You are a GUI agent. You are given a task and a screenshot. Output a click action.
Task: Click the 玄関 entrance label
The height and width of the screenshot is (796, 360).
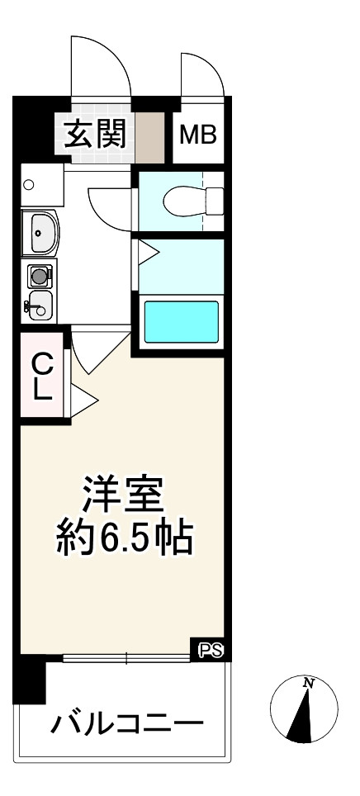96,132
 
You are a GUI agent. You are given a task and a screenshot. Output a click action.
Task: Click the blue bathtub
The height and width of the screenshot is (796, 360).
182,322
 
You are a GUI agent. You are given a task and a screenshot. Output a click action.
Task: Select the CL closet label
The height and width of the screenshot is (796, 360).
42,376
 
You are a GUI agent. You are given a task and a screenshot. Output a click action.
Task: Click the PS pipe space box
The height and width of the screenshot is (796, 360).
211,650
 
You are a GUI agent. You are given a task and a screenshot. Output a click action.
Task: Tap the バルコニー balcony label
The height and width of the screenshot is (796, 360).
128,724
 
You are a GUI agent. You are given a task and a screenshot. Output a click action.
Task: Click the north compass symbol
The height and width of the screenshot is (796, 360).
305,708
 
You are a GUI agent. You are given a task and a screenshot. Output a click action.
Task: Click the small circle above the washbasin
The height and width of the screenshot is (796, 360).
29,185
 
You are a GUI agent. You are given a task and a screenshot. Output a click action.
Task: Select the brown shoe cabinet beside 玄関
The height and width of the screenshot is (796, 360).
149,132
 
